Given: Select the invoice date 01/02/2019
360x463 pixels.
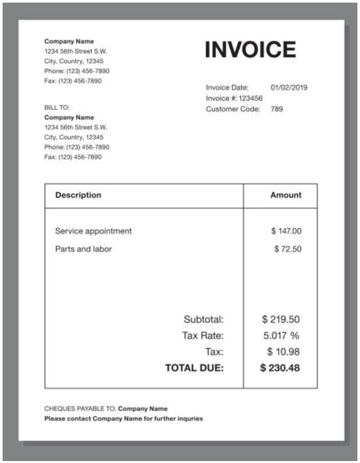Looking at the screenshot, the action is [x=289, y=87].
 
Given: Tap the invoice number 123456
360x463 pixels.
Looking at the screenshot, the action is [x=250, y=98].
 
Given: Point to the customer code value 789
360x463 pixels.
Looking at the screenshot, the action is [x=277, y=109].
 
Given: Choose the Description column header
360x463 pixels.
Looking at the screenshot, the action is [x=78, y=195].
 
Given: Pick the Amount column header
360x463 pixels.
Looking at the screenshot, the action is [x=285, y=195].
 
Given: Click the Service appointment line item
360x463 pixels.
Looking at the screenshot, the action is [x=94, y=231].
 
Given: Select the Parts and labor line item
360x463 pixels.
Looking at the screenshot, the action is [x=84, y=248].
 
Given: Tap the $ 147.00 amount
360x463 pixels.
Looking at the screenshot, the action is [x=286, y=231].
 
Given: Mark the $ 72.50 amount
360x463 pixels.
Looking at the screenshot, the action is [x=287, y=248].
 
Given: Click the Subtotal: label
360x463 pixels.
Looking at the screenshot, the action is [x=204, y=319].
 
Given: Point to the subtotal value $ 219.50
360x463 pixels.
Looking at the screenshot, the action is [x=280, y=319].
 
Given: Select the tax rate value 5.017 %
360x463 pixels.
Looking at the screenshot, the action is [x=281, y=335].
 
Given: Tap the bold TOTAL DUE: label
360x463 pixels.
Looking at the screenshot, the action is [x=194, y=368].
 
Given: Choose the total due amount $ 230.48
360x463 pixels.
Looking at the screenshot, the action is [x=280, y=368].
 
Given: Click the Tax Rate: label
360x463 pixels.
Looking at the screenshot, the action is [x=203, y=335].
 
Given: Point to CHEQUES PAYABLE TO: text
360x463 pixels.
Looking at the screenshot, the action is [x=80, y=408].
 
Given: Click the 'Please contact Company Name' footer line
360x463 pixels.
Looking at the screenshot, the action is [x=123, y=419].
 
